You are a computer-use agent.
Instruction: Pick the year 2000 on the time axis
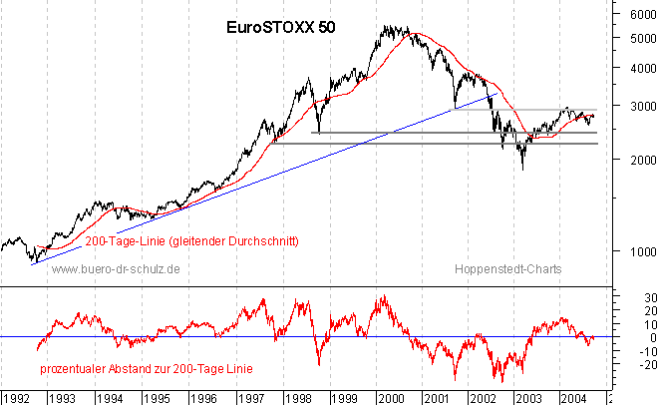tap(387, 397)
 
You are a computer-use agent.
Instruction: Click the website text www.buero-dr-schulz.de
tap(115, 269)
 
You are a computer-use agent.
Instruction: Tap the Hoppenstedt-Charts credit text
tap(507, 269)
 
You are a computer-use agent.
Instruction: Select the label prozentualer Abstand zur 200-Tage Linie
tap(147, 369)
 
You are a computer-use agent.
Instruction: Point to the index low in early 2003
tap(522, 168)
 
